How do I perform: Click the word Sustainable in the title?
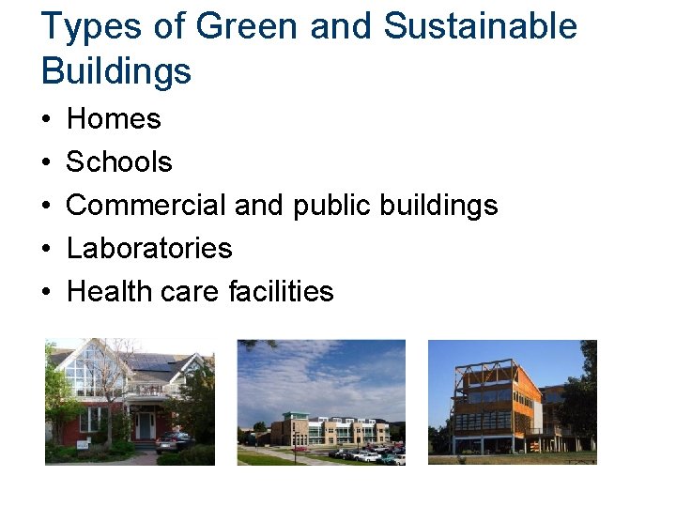[480, 26]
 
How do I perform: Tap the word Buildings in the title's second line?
[116, 70]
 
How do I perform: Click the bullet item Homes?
[114, 119]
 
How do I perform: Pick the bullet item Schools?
[119, 162]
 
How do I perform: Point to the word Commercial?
[146, 206]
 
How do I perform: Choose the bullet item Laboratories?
[149, 249]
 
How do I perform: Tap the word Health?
[109, 292]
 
